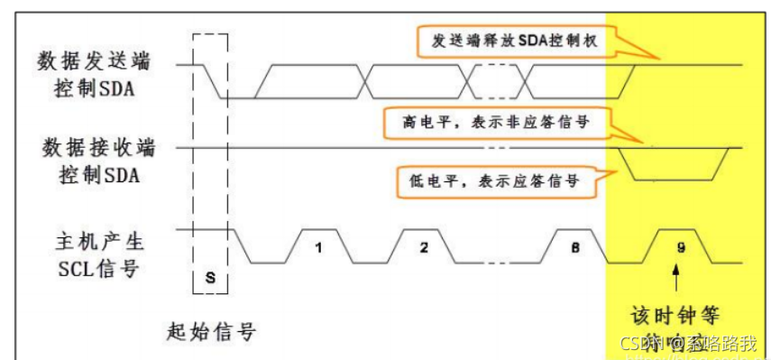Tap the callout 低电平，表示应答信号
tap(489, 180)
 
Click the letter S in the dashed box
tap(210, 277)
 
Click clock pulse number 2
tap(423, 245)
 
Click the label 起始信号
tap(212, 331)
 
